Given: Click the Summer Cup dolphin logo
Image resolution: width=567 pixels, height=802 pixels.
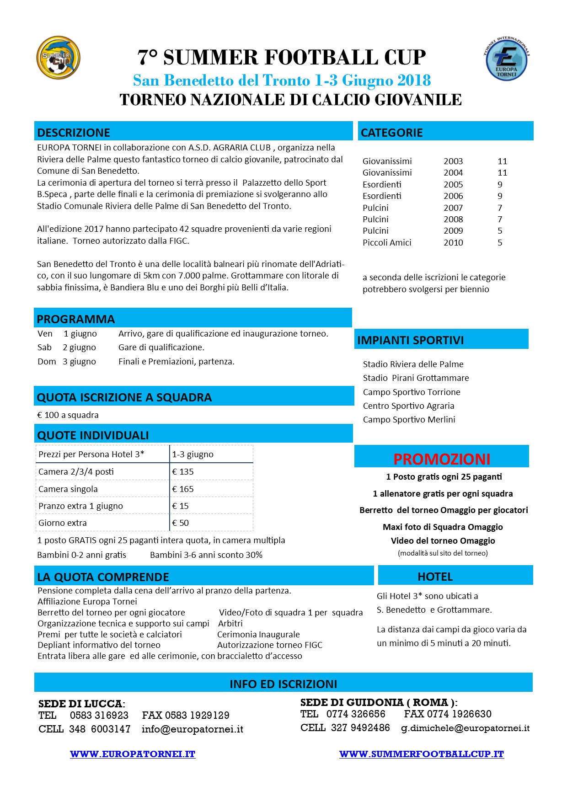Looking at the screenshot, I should click(x=58, y=58).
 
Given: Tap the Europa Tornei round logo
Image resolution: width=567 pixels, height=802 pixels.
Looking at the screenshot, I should click(x=506, y=59).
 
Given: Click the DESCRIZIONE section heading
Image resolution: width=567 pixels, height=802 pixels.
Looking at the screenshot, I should click(x=74, y=133).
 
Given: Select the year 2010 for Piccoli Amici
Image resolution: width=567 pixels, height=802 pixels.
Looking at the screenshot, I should click(x=453, y=243).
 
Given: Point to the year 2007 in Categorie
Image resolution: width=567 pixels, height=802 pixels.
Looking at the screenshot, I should click(x=453, y=208).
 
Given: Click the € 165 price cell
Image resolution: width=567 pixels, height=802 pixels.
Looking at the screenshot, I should click(x=183, y=489).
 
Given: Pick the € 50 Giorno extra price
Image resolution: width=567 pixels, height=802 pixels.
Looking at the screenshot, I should click(x=181, y=523).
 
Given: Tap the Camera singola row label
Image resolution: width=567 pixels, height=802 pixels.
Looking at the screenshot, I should click(x=68, y=489).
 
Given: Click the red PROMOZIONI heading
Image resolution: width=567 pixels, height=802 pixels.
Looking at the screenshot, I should click(x=442, y=459).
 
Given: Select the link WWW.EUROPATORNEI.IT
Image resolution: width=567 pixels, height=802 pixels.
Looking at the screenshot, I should click(x=133, y=754).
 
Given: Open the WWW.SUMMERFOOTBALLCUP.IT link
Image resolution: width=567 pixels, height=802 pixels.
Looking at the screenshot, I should click(x=421, y=754).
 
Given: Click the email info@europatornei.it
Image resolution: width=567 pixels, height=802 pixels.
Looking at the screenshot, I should click(x=193, y=729).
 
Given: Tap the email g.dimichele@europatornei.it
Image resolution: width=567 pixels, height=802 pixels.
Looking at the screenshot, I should click(x=465, y=728).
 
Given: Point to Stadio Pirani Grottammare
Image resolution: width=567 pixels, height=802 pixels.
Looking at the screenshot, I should click(x=416, y=378).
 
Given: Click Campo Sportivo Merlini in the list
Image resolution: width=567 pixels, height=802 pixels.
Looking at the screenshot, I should click(x=409, y=420).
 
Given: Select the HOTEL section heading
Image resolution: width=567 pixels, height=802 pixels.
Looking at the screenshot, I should click(x=435, y=577).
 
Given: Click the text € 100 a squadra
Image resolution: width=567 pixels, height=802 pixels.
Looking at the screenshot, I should click(x=68, y=415).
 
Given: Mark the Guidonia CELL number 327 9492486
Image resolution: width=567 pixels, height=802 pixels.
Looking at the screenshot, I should click(x=360, y=728).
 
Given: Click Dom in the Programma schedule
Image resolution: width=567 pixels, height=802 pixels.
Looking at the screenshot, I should click(x=47, y=362).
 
